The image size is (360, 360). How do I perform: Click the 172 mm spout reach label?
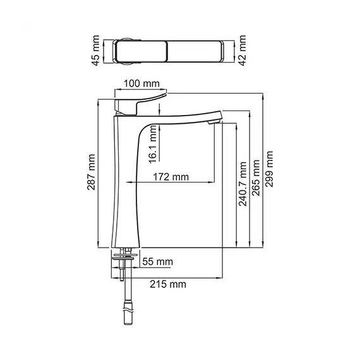pyautogui.click(x=171, y=177)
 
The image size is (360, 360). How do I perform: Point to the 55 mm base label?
pyautogui.click(x=156, y=261)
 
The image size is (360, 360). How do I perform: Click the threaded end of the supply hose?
pyautogui.click(x=129, y=308)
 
